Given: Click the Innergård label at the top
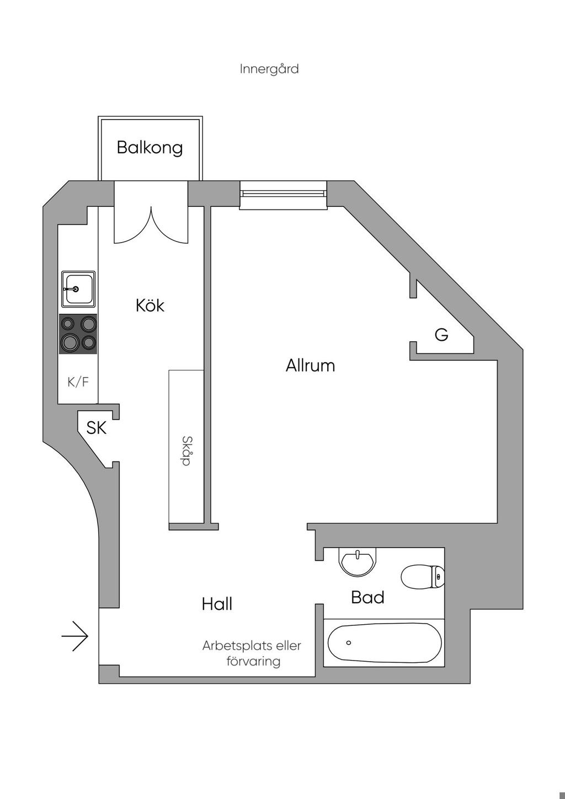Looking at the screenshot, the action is coord(269,69).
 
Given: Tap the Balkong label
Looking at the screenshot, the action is coord(150,147).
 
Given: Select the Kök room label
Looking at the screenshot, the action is coord(150,305).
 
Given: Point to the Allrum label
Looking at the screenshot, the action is coord(310,366).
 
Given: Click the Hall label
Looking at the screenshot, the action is coord(217,604).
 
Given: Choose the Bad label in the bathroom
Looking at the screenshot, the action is coord(367,597).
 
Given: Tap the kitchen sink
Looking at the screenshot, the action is coord(78,289).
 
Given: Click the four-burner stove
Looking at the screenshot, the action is coord(78,334).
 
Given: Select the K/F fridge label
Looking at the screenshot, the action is coord(78,382).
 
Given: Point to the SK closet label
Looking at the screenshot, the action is coord(97,428).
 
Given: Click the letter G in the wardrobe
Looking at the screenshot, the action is coord(441,335).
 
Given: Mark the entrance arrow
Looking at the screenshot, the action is coord(74,636).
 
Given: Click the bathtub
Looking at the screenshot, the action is coord(385,643).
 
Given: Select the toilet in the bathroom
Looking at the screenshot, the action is coord(423,576).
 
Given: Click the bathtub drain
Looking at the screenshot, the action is coord(349,643).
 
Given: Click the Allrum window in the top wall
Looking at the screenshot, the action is coord(284,195).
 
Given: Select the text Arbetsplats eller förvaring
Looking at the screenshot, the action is coord(252,653).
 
